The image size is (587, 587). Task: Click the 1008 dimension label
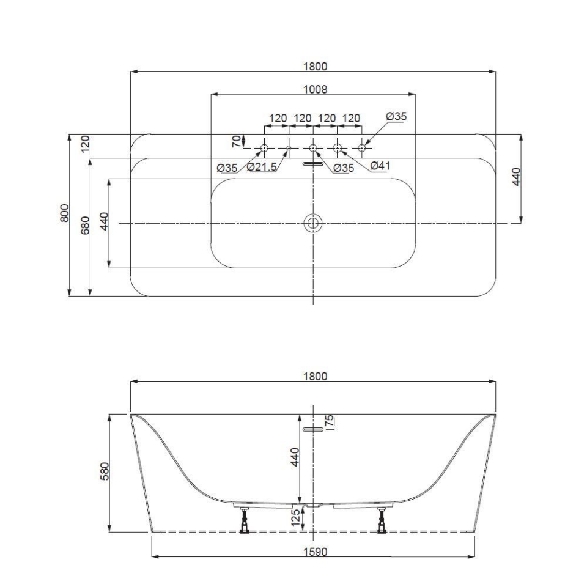click(316, 89)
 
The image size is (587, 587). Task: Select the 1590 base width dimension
click(316, 552)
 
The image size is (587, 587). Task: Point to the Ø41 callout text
click(380, 165)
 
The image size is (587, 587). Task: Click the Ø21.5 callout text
click(262, 168)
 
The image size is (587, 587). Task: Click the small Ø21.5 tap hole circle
click(289, 148)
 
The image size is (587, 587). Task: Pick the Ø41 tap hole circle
click(337, 148)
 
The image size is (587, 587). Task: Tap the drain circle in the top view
click(313, 223)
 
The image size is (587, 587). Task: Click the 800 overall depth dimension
click(65, 214)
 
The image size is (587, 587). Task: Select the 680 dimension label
click(86, 225)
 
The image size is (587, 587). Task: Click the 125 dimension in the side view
click(295, 517)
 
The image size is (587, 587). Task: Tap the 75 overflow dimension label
click(330, 422)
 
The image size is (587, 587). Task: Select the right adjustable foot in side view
click(382, 520)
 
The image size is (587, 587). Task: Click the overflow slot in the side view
click(313, 430)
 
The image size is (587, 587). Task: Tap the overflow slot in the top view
click(313, 163)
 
